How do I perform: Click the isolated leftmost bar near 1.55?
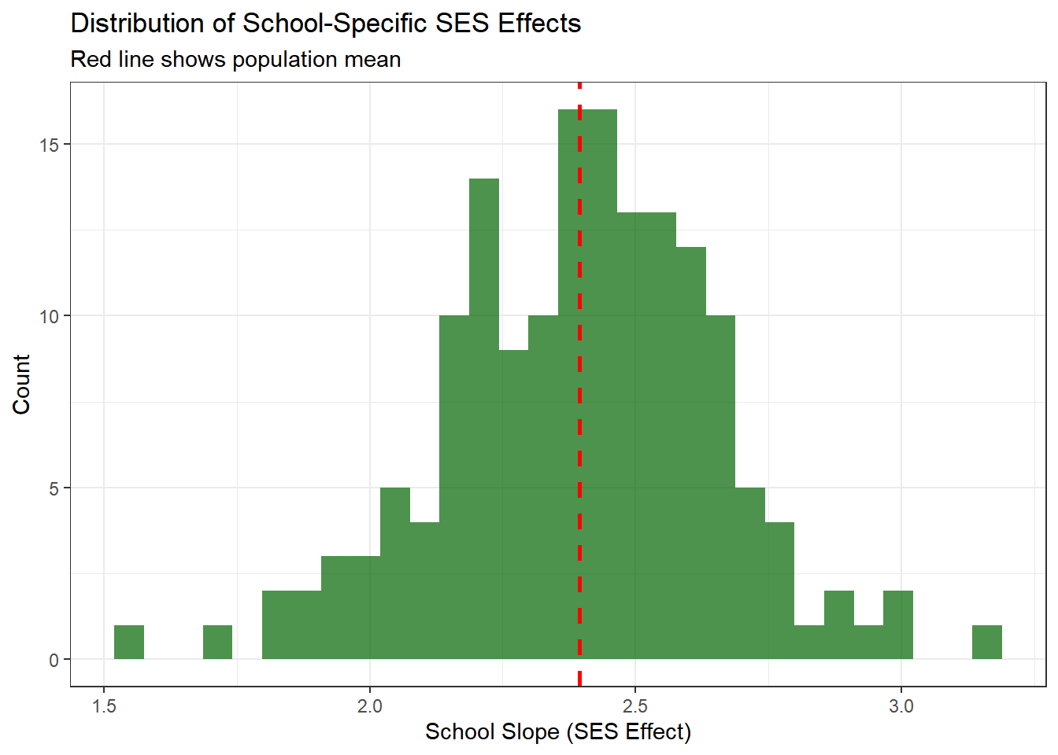click(129, 642)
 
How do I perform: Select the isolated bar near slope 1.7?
click(217, 642)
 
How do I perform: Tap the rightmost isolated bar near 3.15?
click(986, 642)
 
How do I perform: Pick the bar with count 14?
click(484, 417)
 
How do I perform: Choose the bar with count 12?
click(691, 452)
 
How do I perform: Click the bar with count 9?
click(513, 503)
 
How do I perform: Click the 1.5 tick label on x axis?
click(104, 706)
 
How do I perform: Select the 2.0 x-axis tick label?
click(370, 706)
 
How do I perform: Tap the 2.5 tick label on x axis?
click(635, 706)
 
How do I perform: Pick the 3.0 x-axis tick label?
click(901, 706)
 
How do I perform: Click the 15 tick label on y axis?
click(49, 145)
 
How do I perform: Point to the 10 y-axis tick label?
click(49, 316)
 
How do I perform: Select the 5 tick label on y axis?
click(54, 488)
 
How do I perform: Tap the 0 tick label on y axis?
click(54, 660)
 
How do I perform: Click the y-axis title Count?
click(21, 384)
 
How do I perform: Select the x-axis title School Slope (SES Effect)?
click(558, 732)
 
